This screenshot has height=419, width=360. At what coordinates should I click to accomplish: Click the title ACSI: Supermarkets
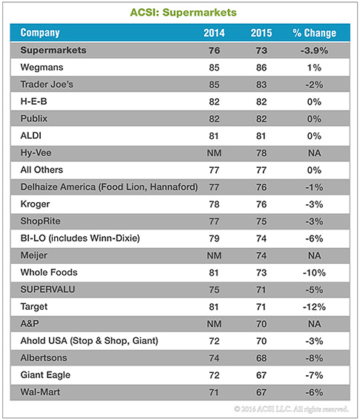tap(183, 13)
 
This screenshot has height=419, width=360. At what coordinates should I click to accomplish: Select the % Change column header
tap(314, 33)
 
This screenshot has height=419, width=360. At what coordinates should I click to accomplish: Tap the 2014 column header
tap(215, 33)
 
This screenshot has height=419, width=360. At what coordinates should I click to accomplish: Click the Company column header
tap(40, 33)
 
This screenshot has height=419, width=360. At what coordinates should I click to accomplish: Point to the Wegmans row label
tap(42, 68)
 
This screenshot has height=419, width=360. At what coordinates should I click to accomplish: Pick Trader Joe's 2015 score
tap(261, 85)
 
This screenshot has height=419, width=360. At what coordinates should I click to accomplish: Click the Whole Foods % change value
tap(314, 273)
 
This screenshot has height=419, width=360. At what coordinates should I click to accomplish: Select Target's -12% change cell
tap(314, 307)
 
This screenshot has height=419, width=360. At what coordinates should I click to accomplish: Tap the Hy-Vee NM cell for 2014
tap(215, 153)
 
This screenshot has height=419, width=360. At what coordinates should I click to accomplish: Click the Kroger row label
tap(35, 204)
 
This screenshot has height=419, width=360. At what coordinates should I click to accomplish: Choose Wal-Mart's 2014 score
tap(214, 392)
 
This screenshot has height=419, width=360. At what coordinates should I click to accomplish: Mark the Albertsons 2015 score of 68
tap(261, 358)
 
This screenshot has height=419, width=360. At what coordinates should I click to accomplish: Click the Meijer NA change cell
tap(314, 256)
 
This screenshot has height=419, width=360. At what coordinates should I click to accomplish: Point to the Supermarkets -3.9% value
tap(314, 51)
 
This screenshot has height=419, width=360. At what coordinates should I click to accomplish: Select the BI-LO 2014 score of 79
tap(215, 238)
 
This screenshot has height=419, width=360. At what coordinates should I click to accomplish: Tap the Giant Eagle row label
tap(45, 375)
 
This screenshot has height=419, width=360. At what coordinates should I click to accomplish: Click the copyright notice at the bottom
tap(291, 409)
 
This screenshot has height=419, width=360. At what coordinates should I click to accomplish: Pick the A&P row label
tap(30, 324)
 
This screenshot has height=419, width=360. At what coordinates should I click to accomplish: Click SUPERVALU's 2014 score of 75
tap(215, 290)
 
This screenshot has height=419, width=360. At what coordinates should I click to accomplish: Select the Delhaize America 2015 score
tap(261, 187)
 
